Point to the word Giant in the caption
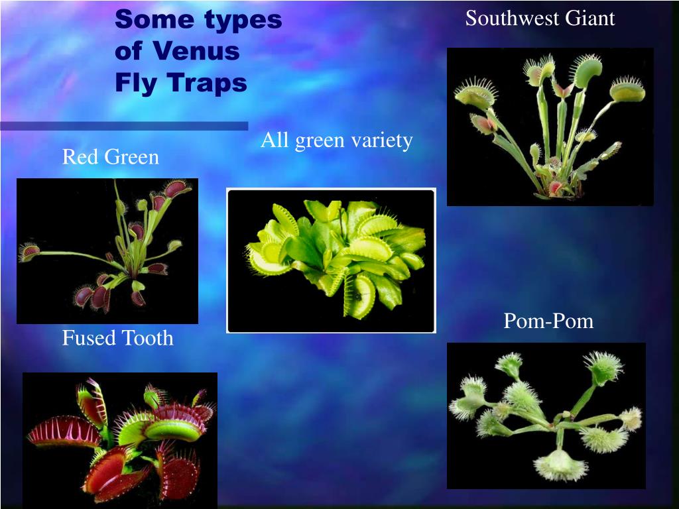click(590, 18)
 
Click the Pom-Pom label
click(548, 322)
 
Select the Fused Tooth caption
click(118, 339)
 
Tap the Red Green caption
click(111, 157)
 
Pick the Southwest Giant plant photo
click(550, 127)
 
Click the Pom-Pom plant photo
click(546, 416)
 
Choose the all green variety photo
click(331, 260)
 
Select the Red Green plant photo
click(107, 251)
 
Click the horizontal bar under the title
click(124, 125)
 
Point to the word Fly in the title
click(135, 84)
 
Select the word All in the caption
click(274, 140)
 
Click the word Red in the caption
click(78, 157)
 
